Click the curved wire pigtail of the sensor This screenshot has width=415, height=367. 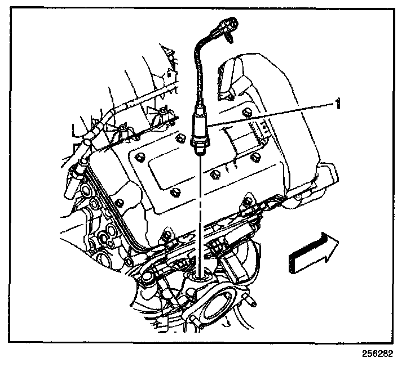pyautogui.click(x=197, y=68)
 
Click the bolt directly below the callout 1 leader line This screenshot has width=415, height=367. pyautogui.click(x=257, y=155)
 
